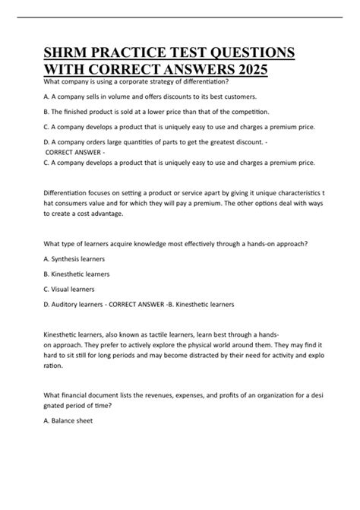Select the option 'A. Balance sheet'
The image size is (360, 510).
click(x=68, y=420)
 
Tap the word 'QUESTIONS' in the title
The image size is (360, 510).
click(x=247, y=54)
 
